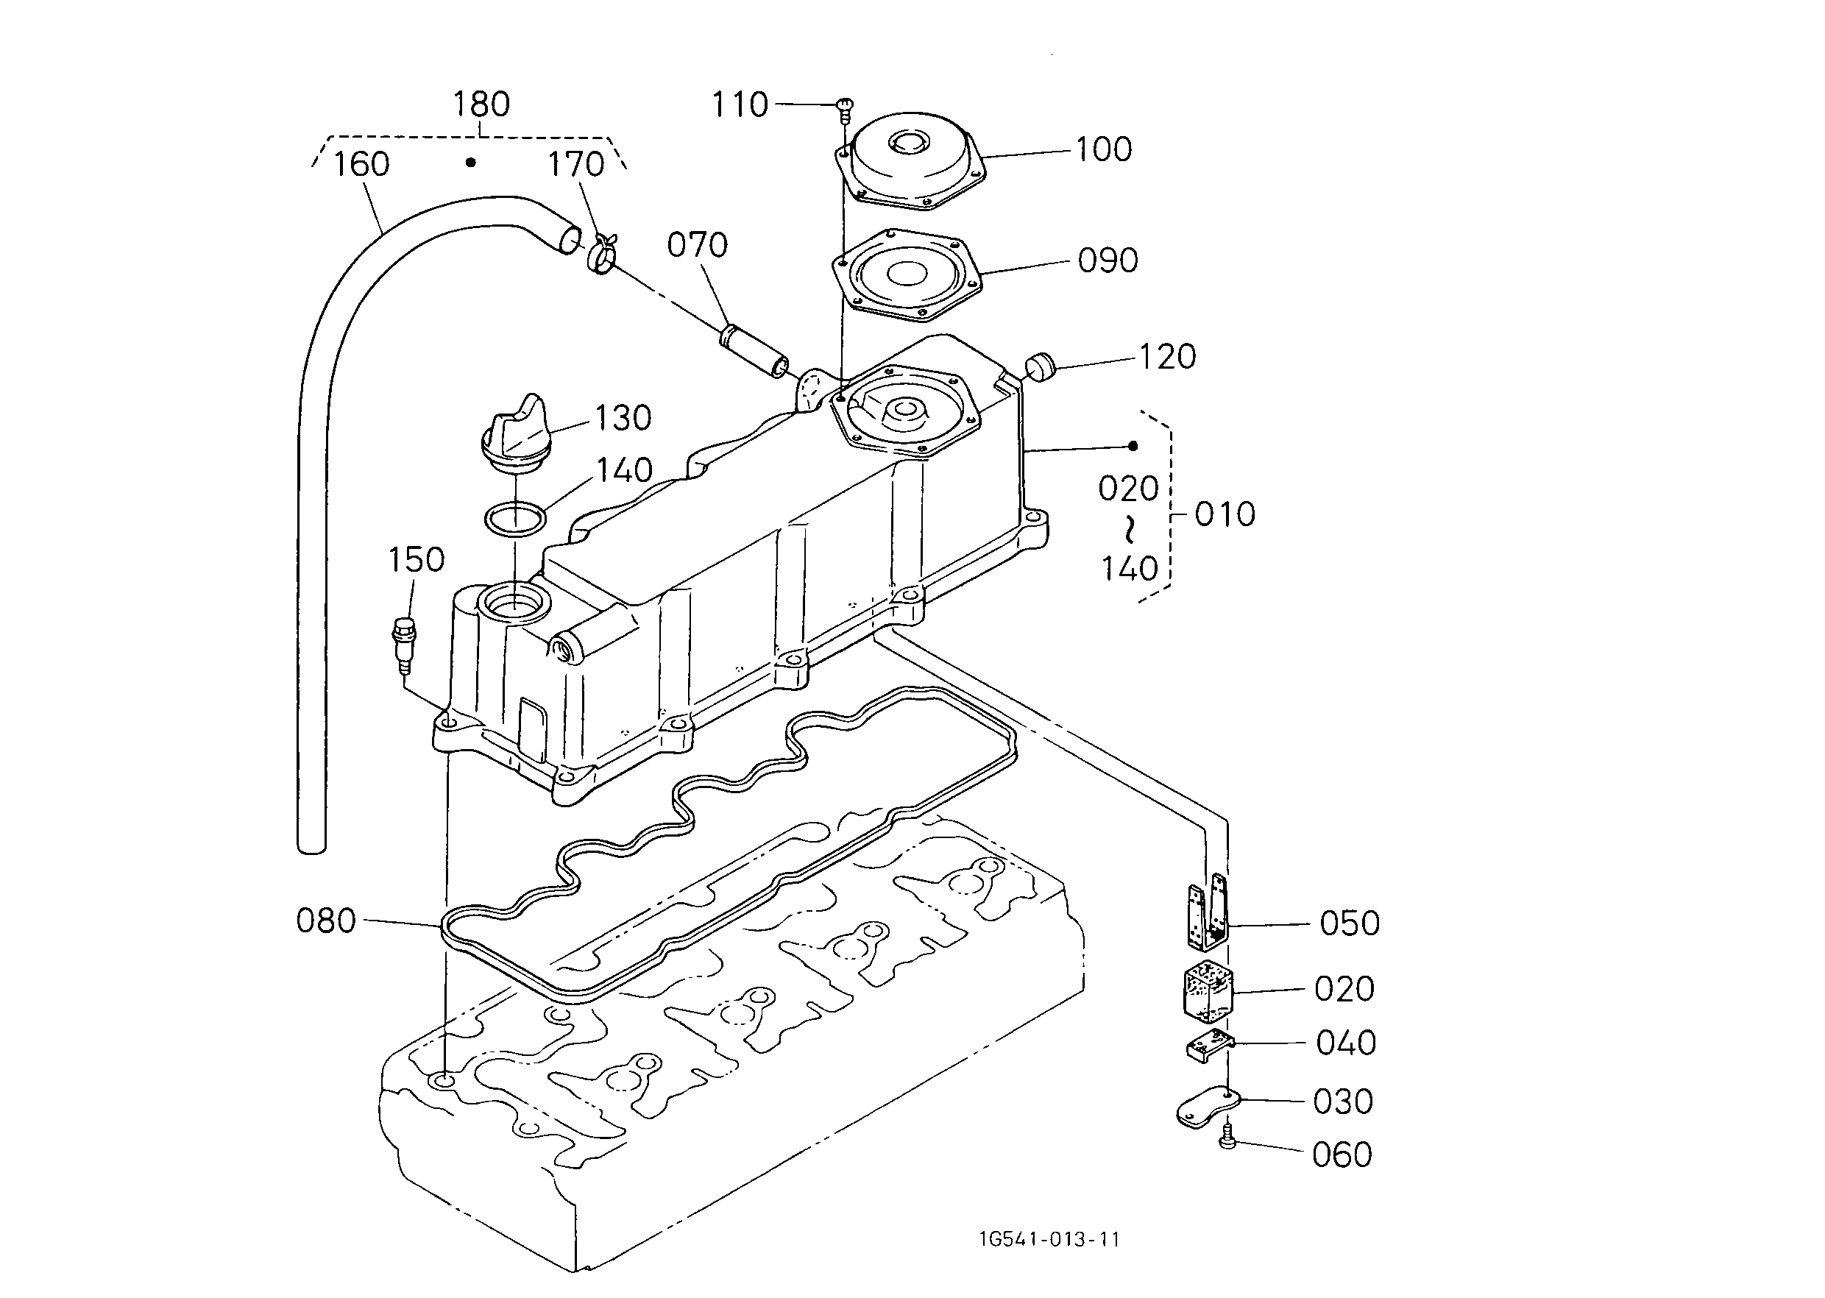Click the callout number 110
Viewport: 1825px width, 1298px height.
(740, 104)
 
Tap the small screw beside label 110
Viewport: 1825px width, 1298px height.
(845, 110)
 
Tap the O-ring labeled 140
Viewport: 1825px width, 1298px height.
(516, 519)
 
